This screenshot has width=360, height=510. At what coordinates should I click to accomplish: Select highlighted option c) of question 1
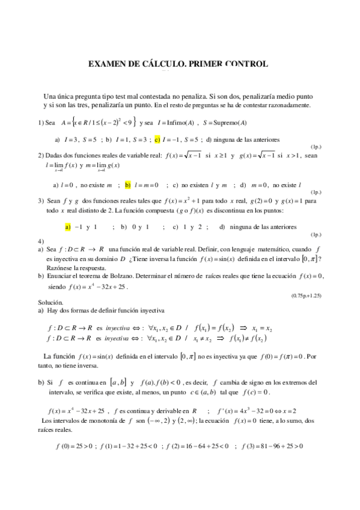157,140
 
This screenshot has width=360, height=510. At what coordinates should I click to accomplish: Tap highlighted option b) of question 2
128,185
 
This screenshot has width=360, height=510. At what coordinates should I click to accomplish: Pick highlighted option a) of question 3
68,227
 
